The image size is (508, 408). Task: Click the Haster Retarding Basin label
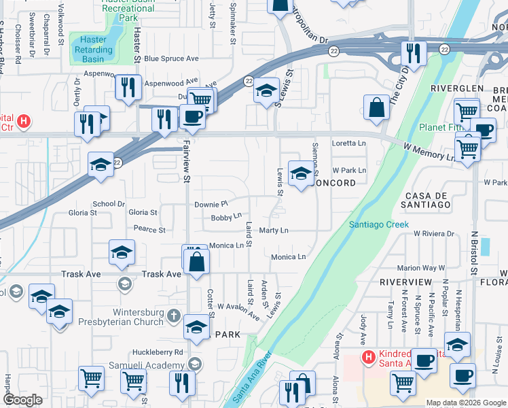tap(94, 50)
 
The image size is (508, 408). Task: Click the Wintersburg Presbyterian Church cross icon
tap(174, 316)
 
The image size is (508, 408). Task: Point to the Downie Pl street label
tap(211, 204)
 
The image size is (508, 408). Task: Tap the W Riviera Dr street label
tap(433, 234)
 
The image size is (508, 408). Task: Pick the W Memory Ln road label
tap(429, 152)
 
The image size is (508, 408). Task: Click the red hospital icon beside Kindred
tap(368, 357)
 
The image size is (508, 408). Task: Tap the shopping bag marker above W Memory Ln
tap(376, 107)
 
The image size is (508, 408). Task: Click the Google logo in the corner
tap(23, 400)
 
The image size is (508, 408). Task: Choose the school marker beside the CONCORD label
tap(301, 173)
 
